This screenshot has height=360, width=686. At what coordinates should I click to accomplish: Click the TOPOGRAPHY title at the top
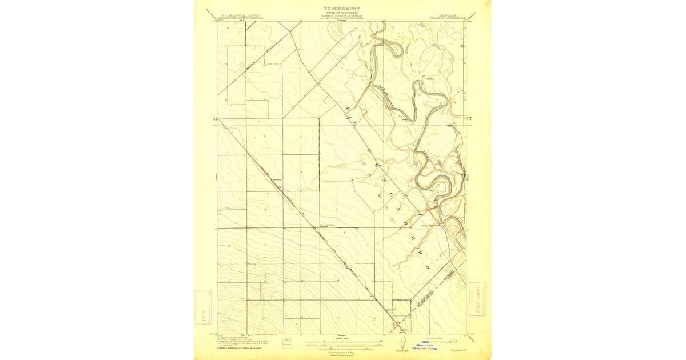(342, 9)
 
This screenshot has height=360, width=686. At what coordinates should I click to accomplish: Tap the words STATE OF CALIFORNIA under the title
(342, 13)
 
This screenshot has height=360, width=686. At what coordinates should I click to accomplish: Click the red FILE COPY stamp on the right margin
(479, 298)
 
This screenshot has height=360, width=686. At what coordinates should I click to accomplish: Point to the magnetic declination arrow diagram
(402, 343)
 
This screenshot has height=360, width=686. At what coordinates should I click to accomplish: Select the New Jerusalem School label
(327, 225)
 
